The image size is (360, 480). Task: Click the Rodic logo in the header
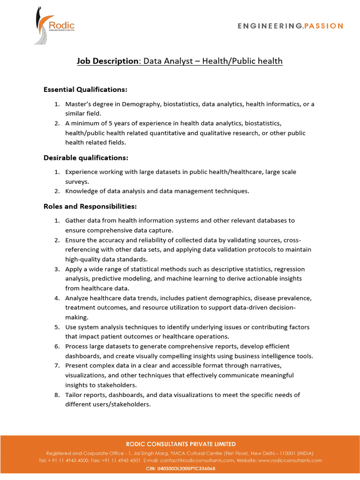[54, 25]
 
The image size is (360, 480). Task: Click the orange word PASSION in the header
[324, 26]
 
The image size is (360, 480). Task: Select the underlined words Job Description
[107, 61]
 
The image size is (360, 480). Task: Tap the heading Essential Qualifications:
[85, 89]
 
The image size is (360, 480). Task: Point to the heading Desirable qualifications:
[86, 157]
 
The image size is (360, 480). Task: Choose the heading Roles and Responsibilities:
[90, 206]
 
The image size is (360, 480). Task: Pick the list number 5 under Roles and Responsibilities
[57, 327]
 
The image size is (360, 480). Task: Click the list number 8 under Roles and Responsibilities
[57, 395]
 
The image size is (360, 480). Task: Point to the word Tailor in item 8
[74, 395]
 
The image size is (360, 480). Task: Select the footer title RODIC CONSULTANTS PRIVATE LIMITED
[180, 444]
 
